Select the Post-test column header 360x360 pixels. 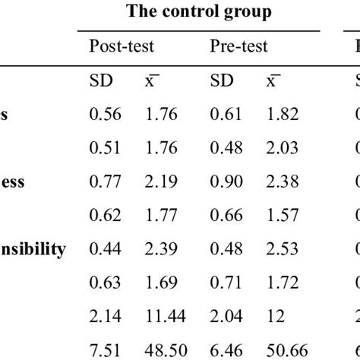[122, 47]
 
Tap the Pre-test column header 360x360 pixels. [238, 47]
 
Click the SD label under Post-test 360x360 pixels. [101, 82]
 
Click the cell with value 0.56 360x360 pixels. [105, 114]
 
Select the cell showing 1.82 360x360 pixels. [283, 114]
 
